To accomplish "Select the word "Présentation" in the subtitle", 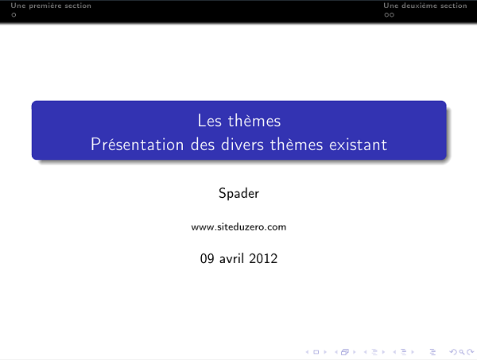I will (x=130, y=145).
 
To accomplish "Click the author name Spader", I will (x=238, y=193).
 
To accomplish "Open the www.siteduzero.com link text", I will (x=238, y=227).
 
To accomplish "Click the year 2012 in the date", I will (x=263, y=258).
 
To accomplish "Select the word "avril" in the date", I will (x=231, y=258).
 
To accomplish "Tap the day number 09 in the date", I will (x=207, y=258).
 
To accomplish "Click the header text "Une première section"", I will (x=45, y=6).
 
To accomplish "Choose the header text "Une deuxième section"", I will (x=425, y=6).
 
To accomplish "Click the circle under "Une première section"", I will (x=4, y=14).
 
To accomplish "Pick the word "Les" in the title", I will (x=209, y=122).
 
